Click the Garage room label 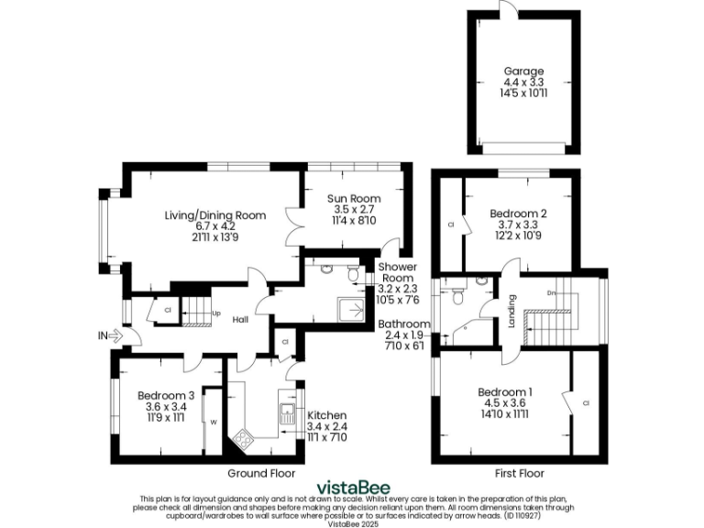point(523,71)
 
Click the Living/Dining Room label point(215,215)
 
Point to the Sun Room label point(354,198)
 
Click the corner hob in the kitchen point(244,440)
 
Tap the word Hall point(241,320)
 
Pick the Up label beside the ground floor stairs point(216,313)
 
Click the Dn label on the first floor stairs point(551,292)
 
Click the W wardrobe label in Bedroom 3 point(213,423)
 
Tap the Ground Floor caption point(261,474)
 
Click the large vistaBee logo point(351,487)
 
